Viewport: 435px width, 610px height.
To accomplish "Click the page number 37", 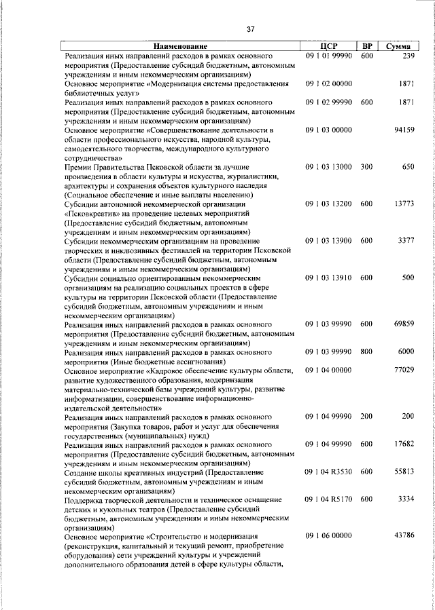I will tap(250, 29).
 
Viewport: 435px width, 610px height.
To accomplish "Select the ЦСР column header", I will tap(328, 46).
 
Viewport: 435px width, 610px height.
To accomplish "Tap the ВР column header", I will tap(367, 46).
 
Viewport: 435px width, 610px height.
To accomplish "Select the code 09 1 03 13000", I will tap(328, 166).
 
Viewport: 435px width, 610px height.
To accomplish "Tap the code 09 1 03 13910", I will tap(328, 278).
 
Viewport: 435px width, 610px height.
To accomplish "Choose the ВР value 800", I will tap(367, 353).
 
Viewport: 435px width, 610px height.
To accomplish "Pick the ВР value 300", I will tap(367, 166).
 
